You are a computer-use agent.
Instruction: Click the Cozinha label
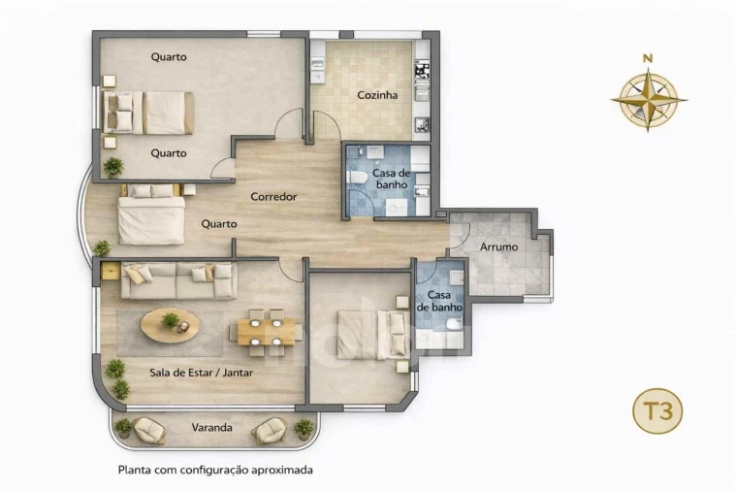pyautogui.click(x=377, y=95)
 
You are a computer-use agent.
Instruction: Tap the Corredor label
pyautogui.click(x=273, y=197)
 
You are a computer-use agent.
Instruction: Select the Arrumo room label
pyautogui.click(x=498, y=247)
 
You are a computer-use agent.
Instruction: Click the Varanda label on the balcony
pyautogui.click(x=211, y=427)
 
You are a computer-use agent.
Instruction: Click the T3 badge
pyautogui.click(x=658, y=411)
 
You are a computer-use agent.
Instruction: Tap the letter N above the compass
pyautogui.click(x=648, y=58)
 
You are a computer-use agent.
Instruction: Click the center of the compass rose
pyautogui.click(x=648, y=99)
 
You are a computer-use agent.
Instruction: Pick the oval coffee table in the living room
pyautogui.click(x=170, y=325)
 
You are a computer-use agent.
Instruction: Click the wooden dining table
pyautogui.click(x=265, y=332)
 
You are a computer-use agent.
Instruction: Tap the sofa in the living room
pyautogui.click(x=178, y=280)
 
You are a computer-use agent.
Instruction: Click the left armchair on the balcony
pyautogui.click(x=149, y=429)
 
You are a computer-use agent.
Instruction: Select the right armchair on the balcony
pyautogui.click(x=270, y=429)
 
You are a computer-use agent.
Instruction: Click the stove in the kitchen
pyautogui.click(x=422, y=71)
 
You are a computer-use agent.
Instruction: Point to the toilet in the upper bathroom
pyautogui.click(x=357, y=178)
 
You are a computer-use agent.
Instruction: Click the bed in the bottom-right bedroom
pyautogui.click(x=371, y=335)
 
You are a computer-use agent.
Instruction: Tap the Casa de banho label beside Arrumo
pyautogui.click(x=439, y=301)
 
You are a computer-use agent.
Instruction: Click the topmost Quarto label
pyautogui.click(x=169, y=57)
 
